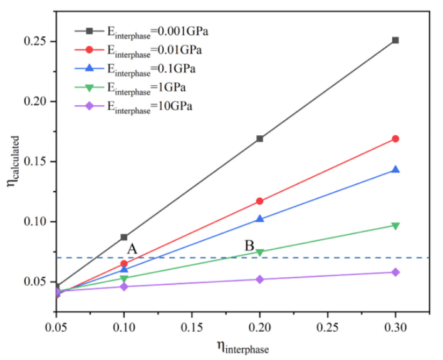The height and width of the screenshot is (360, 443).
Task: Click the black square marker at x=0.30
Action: pos(395,40)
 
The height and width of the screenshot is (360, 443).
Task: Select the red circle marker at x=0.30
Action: pos(395,138)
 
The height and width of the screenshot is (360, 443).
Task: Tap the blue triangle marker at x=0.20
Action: pos(260,219)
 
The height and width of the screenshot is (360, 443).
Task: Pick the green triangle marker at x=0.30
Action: pos(395,226)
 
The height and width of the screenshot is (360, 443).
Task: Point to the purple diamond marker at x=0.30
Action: pos(395,272)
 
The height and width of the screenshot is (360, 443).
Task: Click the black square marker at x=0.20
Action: pos(260,138)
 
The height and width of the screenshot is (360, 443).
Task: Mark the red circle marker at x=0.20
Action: pos(260,201)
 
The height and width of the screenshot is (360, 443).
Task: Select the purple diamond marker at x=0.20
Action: pos(260,279)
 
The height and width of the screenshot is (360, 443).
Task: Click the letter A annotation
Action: pos(132,249)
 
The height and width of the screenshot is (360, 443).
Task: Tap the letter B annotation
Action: pos(249,245)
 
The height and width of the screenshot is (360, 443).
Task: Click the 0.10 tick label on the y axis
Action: pos(37,222)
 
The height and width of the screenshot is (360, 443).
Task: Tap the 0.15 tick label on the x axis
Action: pos(192,327)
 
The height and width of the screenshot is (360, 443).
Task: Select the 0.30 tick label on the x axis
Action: pos(395,327)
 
